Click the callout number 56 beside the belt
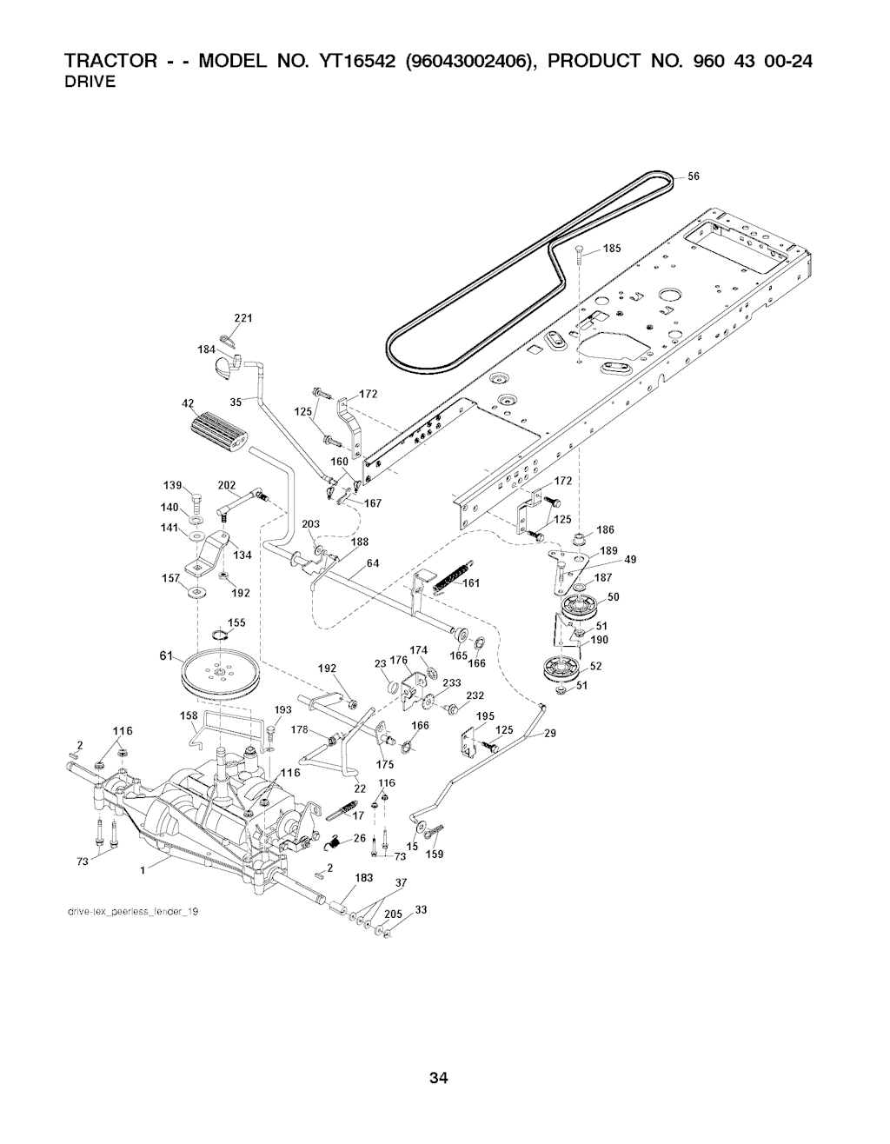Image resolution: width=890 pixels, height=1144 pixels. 694,176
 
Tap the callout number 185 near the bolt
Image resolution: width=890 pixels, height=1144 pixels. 612,249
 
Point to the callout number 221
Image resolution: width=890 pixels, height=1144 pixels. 243,318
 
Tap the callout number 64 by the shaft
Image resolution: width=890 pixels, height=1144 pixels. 373,563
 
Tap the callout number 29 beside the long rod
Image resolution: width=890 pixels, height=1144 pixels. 549,734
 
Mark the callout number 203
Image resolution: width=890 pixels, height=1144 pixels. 310,523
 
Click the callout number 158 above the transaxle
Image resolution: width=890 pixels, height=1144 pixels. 189,715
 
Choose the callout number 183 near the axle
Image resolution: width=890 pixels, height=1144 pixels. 363,878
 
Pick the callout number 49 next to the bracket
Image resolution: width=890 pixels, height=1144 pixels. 631,559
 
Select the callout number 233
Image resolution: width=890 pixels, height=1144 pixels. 451,682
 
